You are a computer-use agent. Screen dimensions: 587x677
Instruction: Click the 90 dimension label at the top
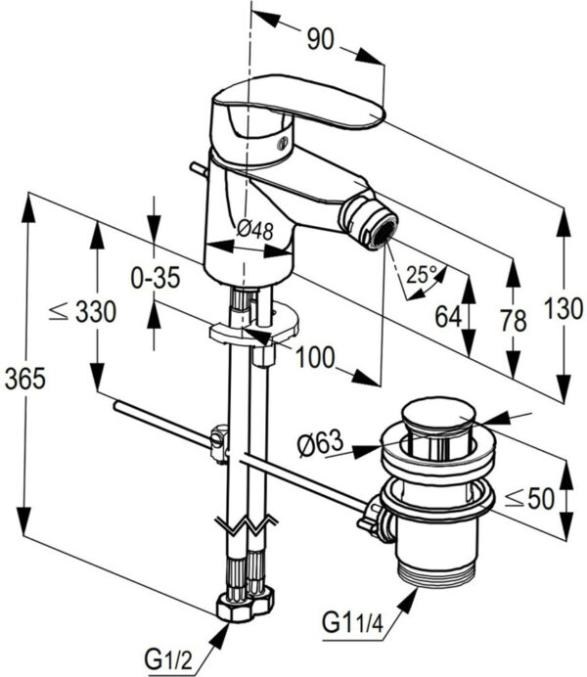click(x=320, y=39)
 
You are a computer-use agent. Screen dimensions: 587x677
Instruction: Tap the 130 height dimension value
click(x=564, y=309)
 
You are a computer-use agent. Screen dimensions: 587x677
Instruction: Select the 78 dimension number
click(x=514, y=320)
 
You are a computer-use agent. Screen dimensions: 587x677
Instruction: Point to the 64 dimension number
click(x=448, y=316)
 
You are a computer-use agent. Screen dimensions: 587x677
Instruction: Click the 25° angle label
click(x=422, y=274)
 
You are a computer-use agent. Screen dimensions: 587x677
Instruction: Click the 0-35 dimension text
click(x=156, y=277)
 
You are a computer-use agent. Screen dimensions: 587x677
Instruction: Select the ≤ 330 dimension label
click(x=82, y=312)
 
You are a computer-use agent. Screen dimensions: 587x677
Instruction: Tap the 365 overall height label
click(x=25, y=379)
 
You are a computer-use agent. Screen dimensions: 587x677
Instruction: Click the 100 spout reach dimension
click(x=315, y=357)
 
